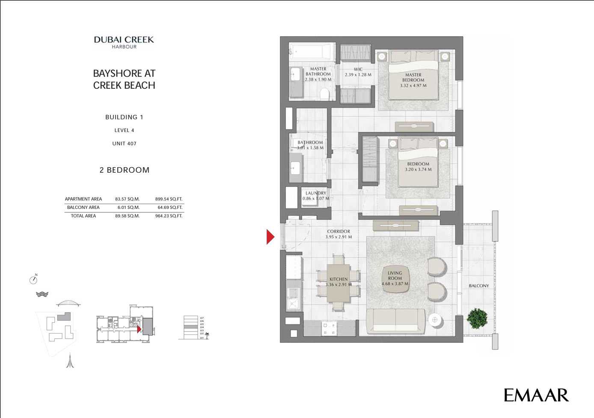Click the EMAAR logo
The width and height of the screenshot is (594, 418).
point(536,395)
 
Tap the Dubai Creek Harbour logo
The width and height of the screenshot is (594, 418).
point(124,42)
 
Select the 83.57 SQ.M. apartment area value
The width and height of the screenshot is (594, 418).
point(127,199)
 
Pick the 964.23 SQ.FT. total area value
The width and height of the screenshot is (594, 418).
point(169,216)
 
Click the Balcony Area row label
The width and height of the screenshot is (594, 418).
point(83,207)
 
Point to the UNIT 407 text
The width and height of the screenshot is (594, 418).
point(124,144)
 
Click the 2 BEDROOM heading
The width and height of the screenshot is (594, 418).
point(124,170)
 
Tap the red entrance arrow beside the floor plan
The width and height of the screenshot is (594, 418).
point(270,237)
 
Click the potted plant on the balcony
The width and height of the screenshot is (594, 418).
point(477,319)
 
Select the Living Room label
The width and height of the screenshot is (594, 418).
point(395,276)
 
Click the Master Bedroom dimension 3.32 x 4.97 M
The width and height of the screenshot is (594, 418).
point(413,86)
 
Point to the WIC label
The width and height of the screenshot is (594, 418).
point(358,69)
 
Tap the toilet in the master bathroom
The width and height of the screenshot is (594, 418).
point(324,93)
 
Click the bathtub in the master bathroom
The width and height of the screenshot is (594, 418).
point(312,52)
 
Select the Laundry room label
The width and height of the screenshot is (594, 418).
point(316,193)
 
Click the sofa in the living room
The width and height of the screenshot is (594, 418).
point(395,321)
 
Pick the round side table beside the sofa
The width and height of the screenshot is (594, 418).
point(435,320)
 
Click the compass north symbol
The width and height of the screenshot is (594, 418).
point(33,280)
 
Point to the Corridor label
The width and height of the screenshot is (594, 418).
point(339,232)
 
